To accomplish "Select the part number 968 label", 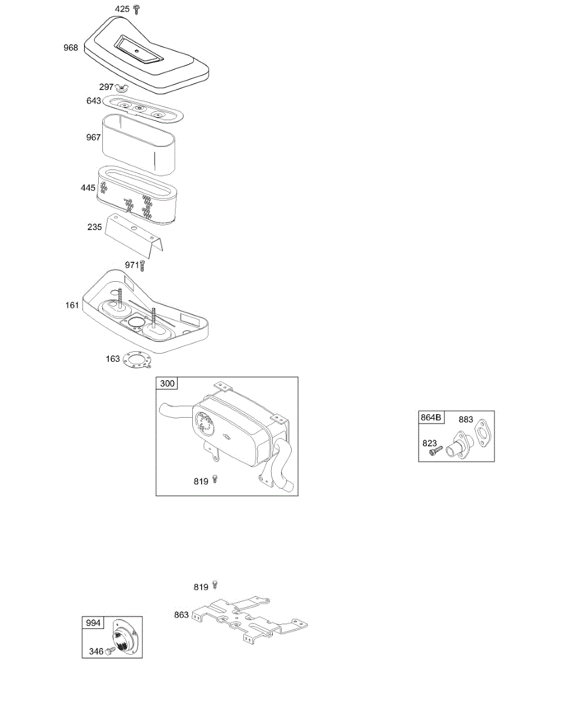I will pyautogui.click(x=71, y=48).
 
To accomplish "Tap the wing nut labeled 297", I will pyautogui.click(x=122, y=88).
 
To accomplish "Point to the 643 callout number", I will pyautogui.click(x=93, y=101).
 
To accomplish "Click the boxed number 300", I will pyautogui.click(x=167, y=384).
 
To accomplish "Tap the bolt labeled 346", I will pyautogui.click(x=110, y=651).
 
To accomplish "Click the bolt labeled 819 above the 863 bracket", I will pyautogui.click(x=215, y=584).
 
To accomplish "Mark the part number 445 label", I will pyautogui.click(x=88, y=188).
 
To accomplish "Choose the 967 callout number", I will pyautogui.click(x=93, y=137).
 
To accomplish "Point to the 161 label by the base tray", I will pyautogui.click(x=72, y=305).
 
